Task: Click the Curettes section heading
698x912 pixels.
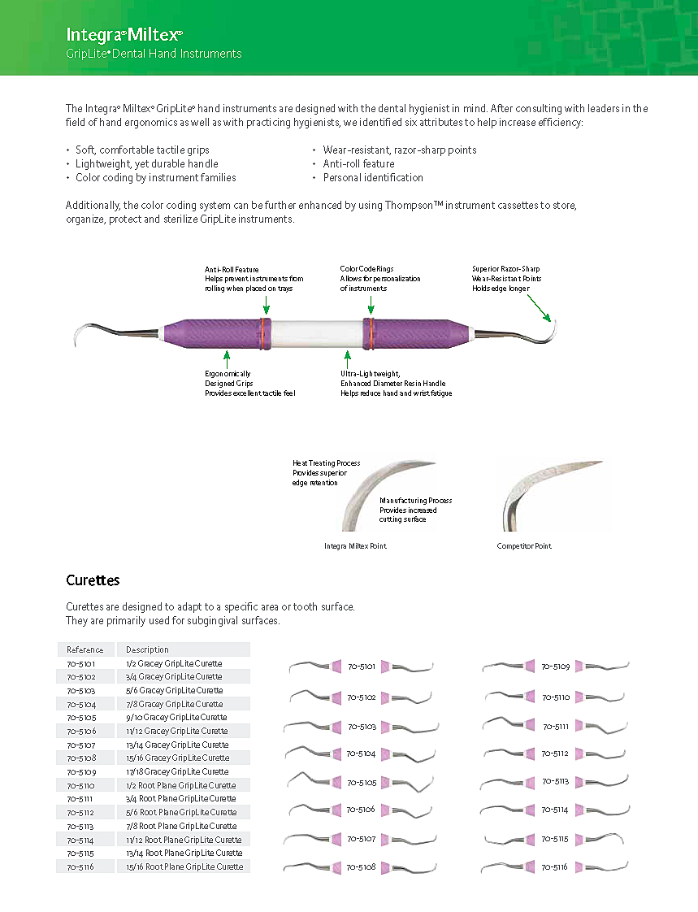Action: (x=93, y=580)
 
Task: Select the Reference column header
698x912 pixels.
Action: (x=85, y=649)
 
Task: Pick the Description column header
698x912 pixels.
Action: (x=147, y=649)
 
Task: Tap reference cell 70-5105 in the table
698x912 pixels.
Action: (x=81, y=718)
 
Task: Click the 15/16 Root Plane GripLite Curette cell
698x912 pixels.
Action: (x=184, y=866)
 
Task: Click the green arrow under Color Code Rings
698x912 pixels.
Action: (x=371, y=305)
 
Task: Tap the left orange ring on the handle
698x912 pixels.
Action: (x=263, y=333)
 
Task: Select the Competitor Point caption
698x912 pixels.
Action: (x=524, y=546)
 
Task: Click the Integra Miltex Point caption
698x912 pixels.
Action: (x=355, y=546)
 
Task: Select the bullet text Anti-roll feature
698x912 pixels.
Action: (x=358, y=163)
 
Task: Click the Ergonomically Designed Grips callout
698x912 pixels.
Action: (x=249, y=383)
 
